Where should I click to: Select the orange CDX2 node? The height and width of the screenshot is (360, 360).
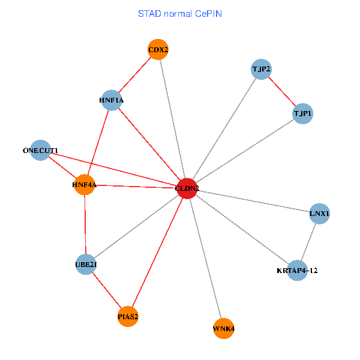(158, 50)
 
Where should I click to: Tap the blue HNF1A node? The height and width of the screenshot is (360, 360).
(112, 100)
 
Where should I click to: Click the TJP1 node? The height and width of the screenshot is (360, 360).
(302, 113)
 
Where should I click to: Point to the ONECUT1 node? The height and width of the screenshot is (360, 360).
(40, 150)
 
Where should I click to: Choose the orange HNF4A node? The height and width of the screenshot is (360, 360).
(85, 185)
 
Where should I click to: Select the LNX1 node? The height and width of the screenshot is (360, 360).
(320, 214)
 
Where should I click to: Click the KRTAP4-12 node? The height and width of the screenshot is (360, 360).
(297, 270)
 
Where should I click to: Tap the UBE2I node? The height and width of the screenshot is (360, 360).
(86, 264)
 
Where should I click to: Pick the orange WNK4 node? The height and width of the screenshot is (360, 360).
(223, 328)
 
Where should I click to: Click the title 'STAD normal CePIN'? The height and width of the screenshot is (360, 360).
(180, 13)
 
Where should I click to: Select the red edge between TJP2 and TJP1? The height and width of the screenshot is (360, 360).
(281, 91)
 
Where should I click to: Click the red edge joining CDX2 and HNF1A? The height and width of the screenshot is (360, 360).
(135, 75)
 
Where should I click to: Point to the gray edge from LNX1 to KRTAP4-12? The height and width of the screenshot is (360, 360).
(308, 242)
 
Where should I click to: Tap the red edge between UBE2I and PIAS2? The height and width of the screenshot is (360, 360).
(107, 290)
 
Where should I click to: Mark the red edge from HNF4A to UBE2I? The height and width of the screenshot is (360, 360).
(86, 224)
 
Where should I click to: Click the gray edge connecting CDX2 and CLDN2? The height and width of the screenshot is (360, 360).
(172, 119)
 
